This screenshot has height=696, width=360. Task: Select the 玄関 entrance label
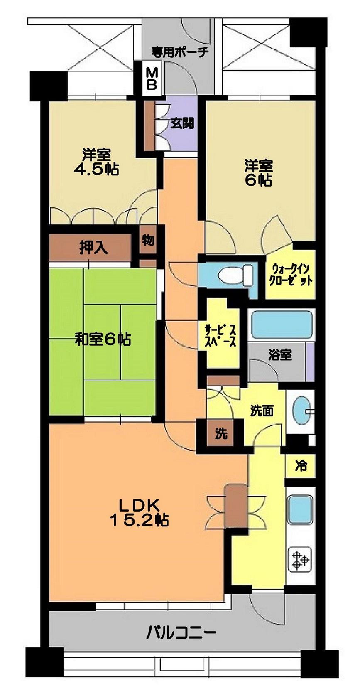182,123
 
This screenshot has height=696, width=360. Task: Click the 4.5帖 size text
96,170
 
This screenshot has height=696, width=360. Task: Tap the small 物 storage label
148,240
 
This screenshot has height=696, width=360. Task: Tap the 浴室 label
280,355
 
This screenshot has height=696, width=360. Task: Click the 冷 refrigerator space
300,465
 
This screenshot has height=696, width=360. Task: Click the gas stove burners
300,559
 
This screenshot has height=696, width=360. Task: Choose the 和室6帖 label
103,339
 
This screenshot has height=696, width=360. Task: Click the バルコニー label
181,633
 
